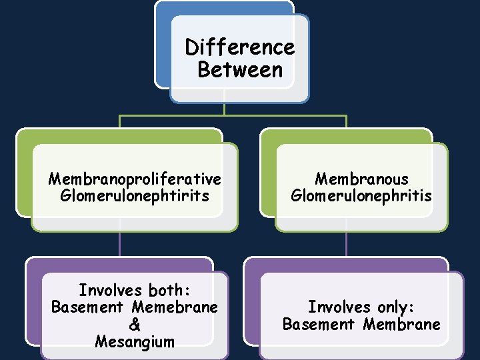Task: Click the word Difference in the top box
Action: point(240,48)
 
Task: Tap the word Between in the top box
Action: point(240,69)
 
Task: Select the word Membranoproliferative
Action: point(134,179)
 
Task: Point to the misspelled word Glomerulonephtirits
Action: point(134,196)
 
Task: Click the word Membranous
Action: point(361,179)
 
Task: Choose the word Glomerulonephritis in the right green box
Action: point(361,196)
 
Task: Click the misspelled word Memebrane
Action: point(175,307)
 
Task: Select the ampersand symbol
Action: point(134,325)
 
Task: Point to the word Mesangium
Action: point(134,342)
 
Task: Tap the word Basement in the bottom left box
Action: point(87,307)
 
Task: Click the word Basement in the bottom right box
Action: point(319,325)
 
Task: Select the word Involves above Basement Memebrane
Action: point(110,291)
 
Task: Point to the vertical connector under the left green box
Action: point(120,243)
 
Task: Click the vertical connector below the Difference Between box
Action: point(225,108)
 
